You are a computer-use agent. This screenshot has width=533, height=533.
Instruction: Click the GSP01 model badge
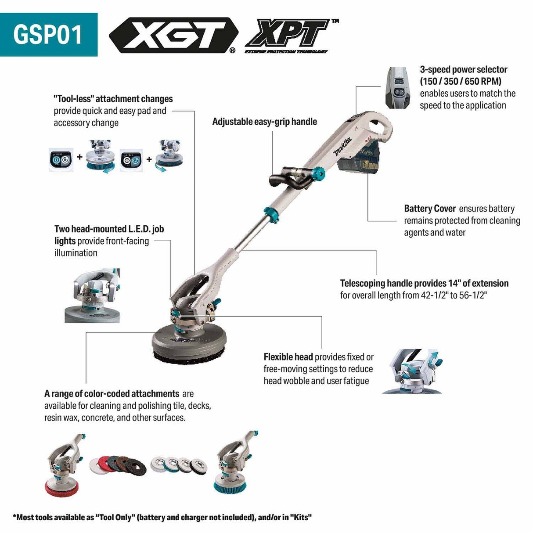(48, 34)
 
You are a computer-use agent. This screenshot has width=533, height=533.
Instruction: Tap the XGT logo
(173, 35)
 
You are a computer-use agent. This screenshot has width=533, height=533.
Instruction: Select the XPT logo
(289, 35)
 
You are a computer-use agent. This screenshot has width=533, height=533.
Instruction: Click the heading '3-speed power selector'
(463, 69)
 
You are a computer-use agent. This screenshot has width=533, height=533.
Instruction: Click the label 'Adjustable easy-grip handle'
(264, 122)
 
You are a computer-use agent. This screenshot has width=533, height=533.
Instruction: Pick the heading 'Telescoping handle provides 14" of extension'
(424, 283)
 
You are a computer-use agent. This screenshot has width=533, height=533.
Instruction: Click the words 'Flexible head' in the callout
(288, 357)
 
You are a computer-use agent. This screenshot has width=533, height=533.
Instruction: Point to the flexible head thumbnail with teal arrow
(412, 371)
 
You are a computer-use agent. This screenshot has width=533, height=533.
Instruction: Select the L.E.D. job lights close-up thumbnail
(92, 296)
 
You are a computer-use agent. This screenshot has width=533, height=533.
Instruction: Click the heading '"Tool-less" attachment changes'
(113, 99)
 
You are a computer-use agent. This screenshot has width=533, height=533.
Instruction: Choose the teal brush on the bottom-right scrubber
(230, 485)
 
